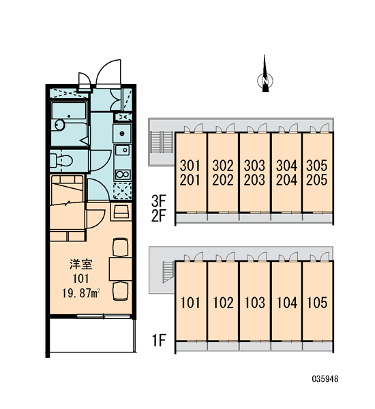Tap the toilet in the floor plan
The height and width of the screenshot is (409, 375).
[61, 160]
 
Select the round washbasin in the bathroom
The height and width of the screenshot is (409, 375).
[60, 125]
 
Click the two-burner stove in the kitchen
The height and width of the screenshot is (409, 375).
[123, 175]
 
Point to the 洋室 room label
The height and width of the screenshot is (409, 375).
[81, 264]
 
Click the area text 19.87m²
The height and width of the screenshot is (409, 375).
[81, 293]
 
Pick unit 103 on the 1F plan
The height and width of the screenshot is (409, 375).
[255, 303]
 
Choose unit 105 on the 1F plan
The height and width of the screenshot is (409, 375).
[317, 303]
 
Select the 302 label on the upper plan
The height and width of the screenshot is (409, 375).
[222, 166]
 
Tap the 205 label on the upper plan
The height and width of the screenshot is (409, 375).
[316, 180]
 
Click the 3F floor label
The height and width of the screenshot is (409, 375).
[159, 201]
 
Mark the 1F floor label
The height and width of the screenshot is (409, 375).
[159, 340]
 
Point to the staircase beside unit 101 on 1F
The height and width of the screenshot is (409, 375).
[168, 272]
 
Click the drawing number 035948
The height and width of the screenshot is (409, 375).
[325, 379]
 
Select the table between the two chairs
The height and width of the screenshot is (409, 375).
[120, 269]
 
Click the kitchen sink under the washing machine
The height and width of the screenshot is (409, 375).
[123, 150]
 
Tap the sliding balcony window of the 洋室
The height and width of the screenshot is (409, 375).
[104, 317]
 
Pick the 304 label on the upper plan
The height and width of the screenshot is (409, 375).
[286, 166]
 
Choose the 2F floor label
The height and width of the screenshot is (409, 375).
[159, 215]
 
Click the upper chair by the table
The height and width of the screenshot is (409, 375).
[120, 247]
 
